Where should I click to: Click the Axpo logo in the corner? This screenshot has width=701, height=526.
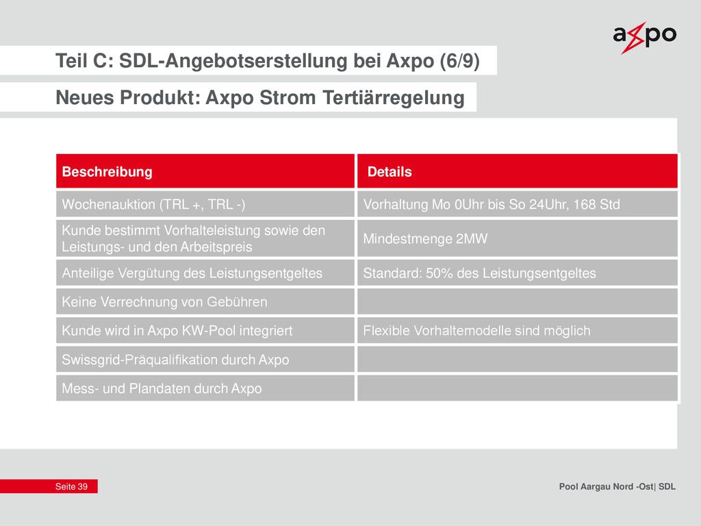[x=644, y=38]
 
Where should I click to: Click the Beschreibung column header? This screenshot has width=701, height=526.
[x=205, y=171]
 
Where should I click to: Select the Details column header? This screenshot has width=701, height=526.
[x=518, y=171]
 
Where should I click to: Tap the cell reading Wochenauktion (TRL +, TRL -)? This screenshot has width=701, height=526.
[x=205, y=204]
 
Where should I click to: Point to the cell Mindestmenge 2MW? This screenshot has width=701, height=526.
[x=518, y=238]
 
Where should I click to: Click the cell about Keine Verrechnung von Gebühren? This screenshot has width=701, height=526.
[x=205, y=302]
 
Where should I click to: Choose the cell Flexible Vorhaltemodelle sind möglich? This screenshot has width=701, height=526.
[x=518, y=331]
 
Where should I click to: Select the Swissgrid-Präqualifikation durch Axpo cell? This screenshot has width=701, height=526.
[x=205, y=359]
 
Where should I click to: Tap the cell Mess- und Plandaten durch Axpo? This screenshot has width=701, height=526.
[x=205, y=388]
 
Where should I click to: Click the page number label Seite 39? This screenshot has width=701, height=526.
[x=71, y=487]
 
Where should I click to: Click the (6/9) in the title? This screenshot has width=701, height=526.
[x=459, y=61]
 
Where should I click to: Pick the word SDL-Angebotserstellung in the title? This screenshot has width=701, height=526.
[x=233, y=61]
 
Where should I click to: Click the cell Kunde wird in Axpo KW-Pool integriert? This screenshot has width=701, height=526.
[x=205, y=331]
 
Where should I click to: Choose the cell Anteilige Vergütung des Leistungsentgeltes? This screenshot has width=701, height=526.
[x=205, y=273]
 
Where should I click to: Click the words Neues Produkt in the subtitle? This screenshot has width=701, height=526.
[x=128, y=97]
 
